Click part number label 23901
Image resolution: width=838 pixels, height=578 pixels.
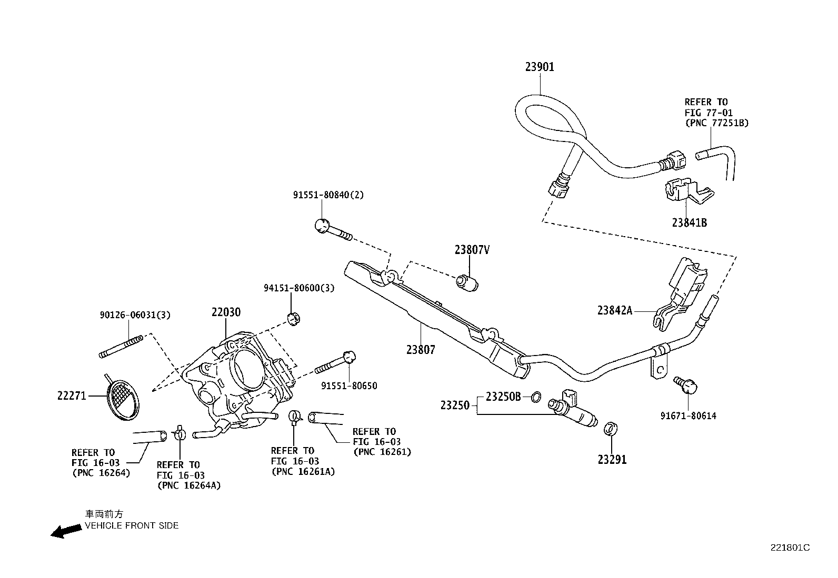(x=539, y=67)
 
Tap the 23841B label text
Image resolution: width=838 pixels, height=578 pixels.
(x=689, y=222)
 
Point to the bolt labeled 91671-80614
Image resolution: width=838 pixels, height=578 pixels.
(x=687, y=386)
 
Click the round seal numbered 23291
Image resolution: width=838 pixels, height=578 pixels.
(x=609, y=429)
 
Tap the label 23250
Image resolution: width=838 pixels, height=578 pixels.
(x=455, y=405)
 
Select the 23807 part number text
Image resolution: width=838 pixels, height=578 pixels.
(x=421, y=349)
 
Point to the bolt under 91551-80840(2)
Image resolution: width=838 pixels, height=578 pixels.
(x=332, y=229)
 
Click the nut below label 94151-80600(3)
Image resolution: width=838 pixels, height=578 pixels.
(x=294, y=317)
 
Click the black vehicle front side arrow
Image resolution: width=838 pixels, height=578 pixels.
(x=65, y=531)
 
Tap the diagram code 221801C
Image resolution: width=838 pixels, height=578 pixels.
(x=790, y=547)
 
